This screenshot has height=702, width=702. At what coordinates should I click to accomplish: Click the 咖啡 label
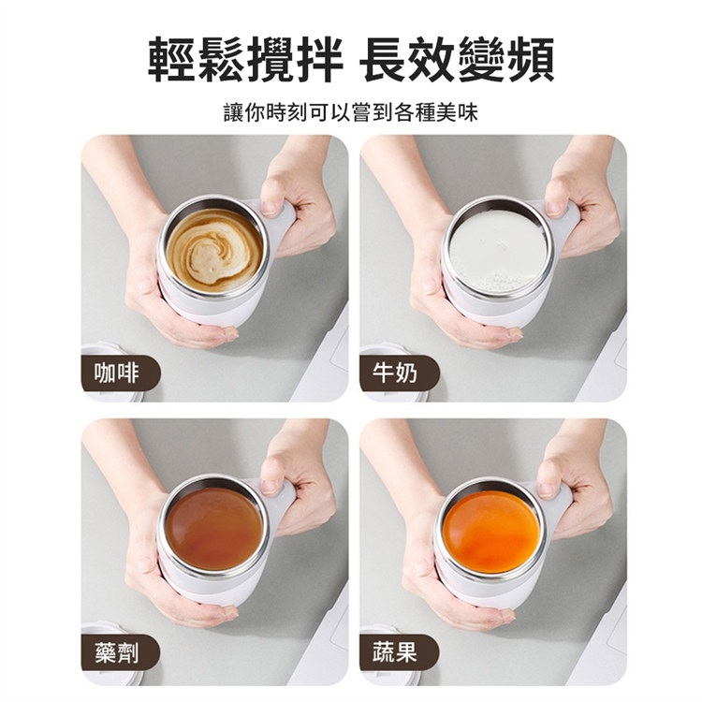click(x=116, y=373)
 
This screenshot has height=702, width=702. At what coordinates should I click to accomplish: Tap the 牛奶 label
click(x=395, y=373)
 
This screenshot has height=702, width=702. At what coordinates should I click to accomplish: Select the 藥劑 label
click(x=116, y=652)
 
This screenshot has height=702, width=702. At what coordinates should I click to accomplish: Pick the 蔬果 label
click(x=395, y=652)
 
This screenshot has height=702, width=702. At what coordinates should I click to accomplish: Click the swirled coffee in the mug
click(x=215, y=250)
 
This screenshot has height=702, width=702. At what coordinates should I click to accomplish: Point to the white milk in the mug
click(x=498, y=252)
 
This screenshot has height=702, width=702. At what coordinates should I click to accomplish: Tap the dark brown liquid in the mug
click(x=214, y=529)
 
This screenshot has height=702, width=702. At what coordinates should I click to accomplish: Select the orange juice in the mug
click(x=491, y=526)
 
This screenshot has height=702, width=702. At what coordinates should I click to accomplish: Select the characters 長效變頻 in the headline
click(x=457, y=61)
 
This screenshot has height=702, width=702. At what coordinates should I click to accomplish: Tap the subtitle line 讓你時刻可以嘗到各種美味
click(x=351, y=112)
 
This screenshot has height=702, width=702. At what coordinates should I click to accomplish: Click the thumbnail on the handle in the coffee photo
click(x=270, y=207)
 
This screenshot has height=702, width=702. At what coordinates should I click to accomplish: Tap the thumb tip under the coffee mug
click(x=229, y=333)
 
